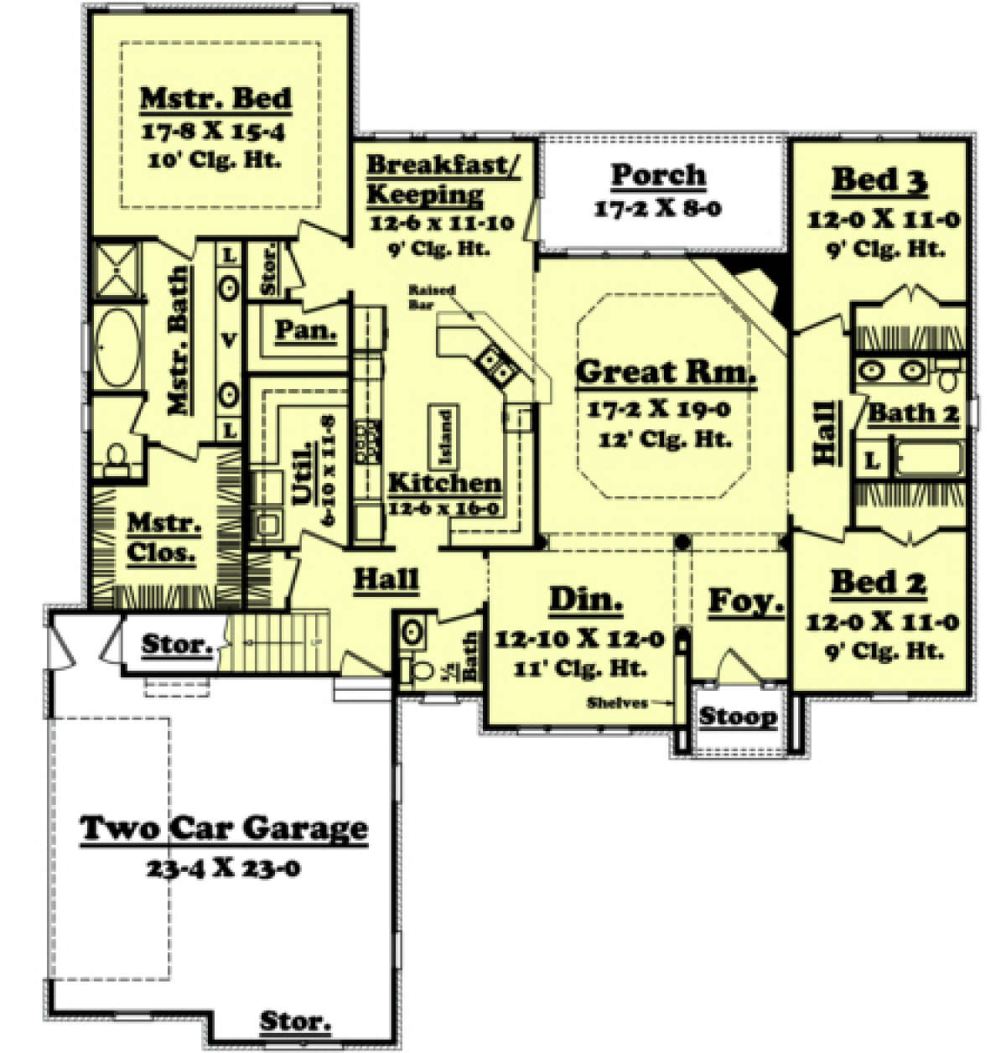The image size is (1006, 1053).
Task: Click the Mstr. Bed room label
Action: (215, 97)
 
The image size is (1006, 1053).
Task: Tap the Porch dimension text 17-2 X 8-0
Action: (657, 210)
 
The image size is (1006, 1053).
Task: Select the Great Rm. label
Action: (666, 371)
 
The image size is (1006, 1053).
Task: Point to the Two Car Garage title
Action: (224, 828)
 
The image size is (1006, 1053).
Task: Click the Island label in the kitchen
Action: (445, 438)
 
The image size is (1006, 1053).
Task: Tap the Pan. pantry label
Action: (306, 330)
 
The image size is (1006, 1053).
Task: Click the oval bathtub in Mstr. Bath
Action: (117, 351)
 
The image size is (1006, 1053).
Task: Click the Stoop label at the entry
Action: (738, 717)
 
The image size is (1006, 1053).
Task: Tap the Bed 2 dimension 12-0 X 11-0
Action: (883, 622)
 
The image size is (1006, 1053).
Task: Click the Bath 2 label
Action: (912, 412)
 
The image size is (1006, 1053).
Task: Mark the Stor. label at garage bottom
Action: (294, 1022)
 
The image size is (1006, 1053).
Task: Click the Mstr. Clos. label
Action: (163, 538)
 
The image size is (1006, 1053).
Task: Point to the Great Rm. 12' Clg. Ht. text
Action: (666, 438)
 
